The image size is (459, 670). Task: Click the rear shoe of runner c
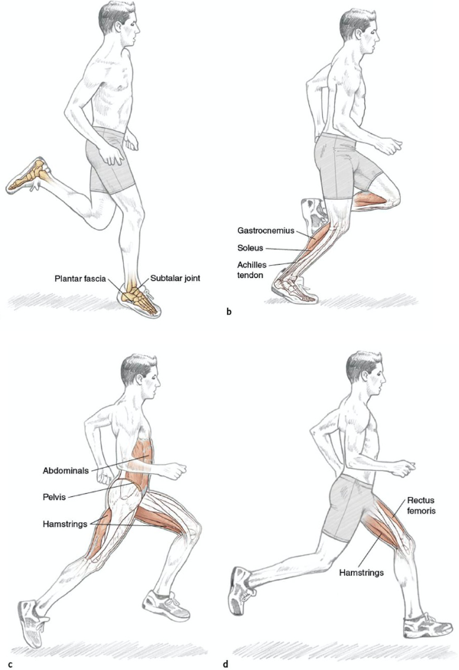click(34, 622)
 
